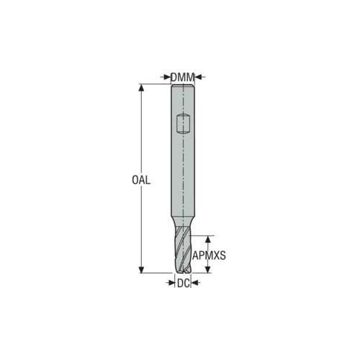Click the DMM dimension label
pos(182,77)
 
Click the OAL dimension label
pos(141,180)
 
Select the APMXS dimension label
pos(209,256)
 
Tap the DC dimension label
pos(184,284)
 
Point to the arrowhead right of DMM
pos(197,77)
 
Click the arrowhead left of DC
pos(171,283)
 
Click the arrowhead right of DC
pos(194,283)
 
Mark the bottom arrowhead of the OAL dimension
pos(142,270)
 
